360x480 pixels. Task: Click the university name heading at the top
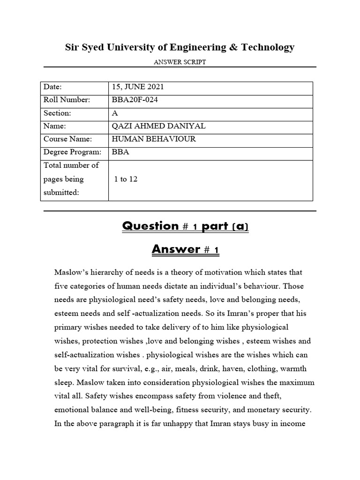tap(180, 47)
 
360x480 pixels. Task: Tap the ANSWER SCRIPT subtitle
tap(180, 62)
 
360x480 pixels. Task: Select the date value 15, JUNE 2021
tap(138, 87)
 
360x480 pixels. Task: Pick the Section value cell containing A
tap(115, 113)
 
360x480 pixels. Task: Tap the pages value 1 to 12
tap(126, 179)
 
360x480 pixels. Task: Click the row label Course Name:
tap(67, 139)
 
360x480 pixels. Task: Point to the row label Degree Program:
tap(72, 152)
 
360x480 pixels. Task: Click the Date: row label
tap(53, 87)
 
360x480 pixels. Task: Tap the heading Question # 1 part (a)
tap(185, 226)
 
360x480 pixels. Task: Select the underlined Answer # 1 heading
tap(185, 250)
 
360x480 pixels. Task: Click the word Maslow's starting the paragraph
tap(71, 272)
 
